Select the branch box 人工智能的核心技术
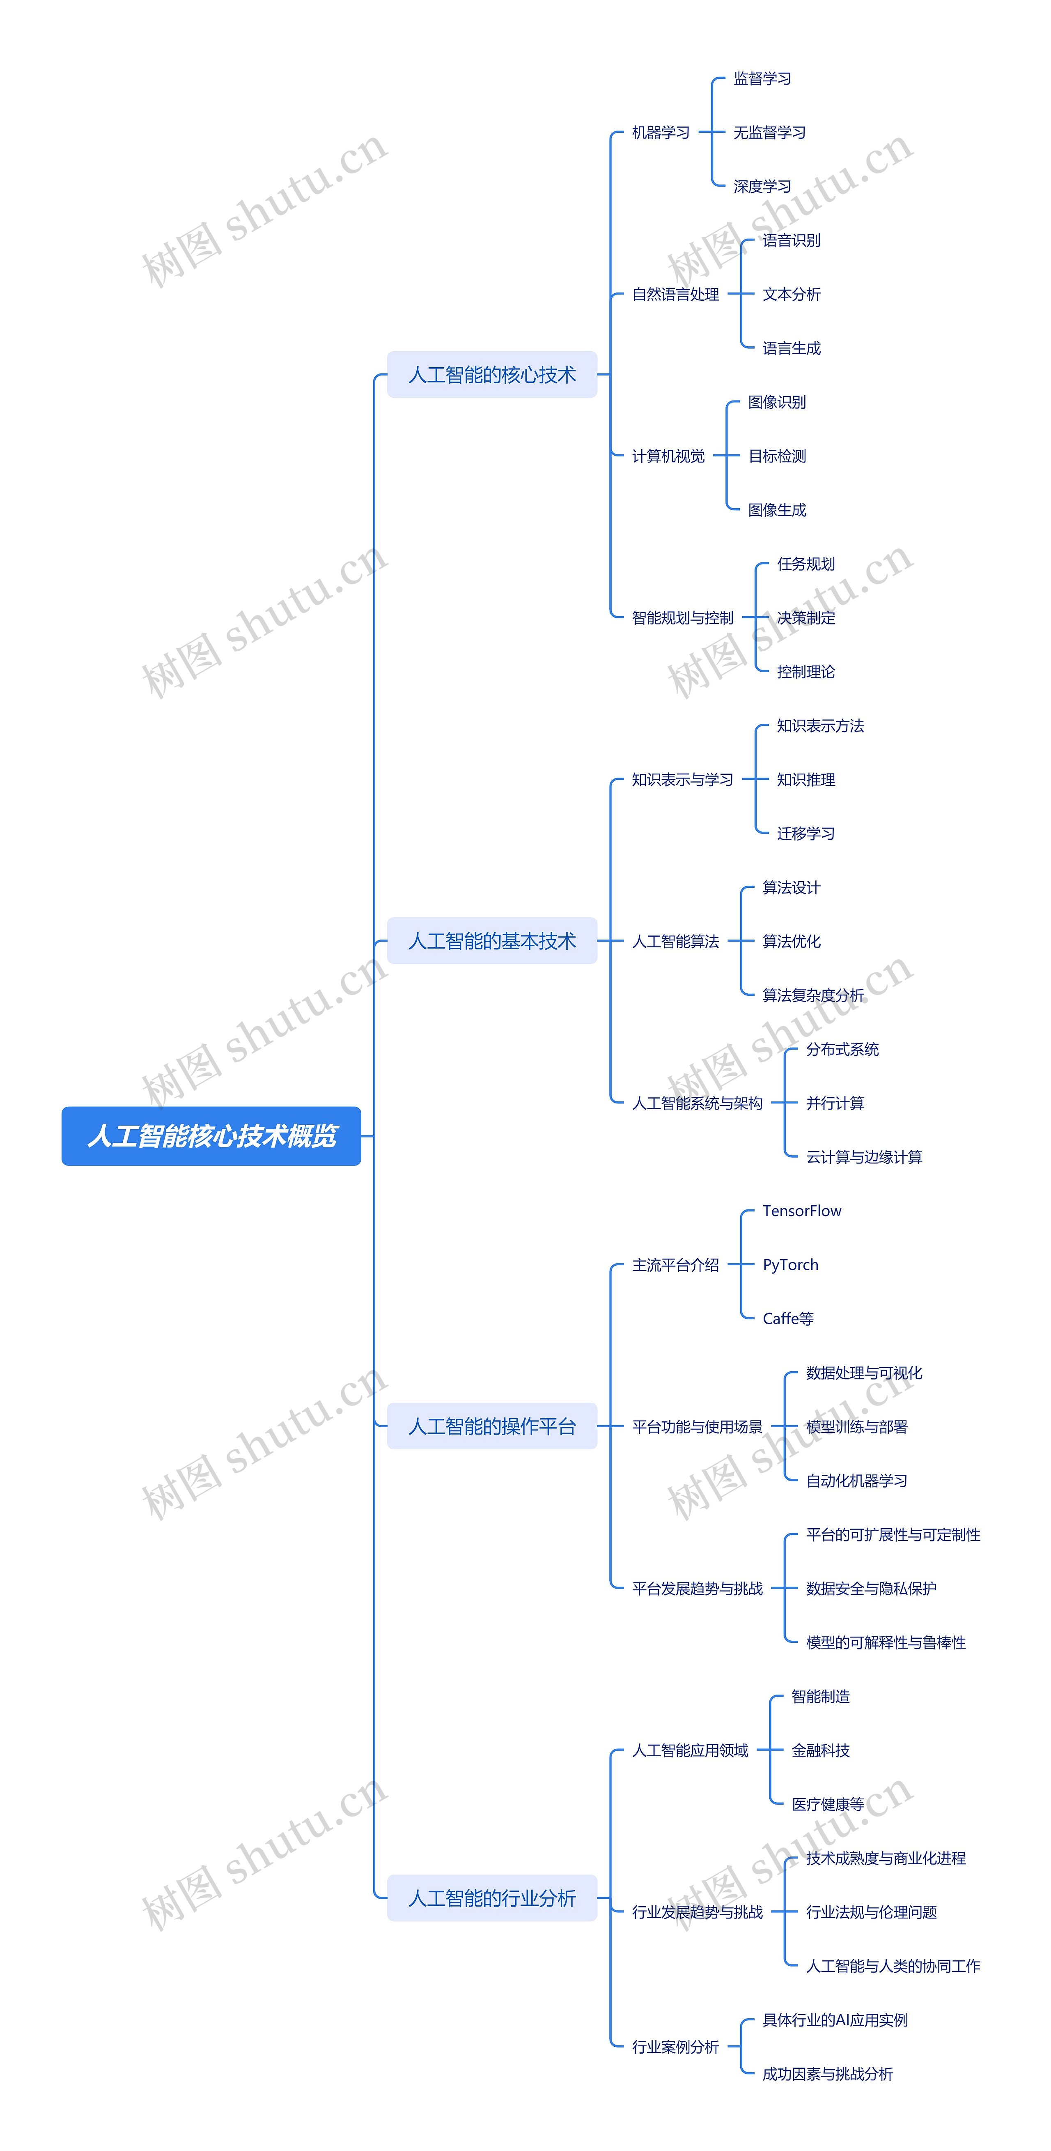492,375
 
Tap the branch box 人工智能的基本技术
492,941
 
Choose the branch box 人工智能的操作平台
492,1426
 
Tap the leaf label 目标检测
776,456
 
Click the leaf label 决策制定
805,618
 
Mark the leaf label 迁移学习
805,834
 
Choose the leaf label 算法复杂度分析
813,995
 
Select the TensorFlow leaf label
801,1211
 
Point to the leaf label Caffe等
787,1318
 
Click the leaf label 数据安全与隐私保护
871,1588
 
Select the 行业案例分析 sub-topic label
675,2047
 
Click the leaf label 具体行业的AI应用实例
835,2020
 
